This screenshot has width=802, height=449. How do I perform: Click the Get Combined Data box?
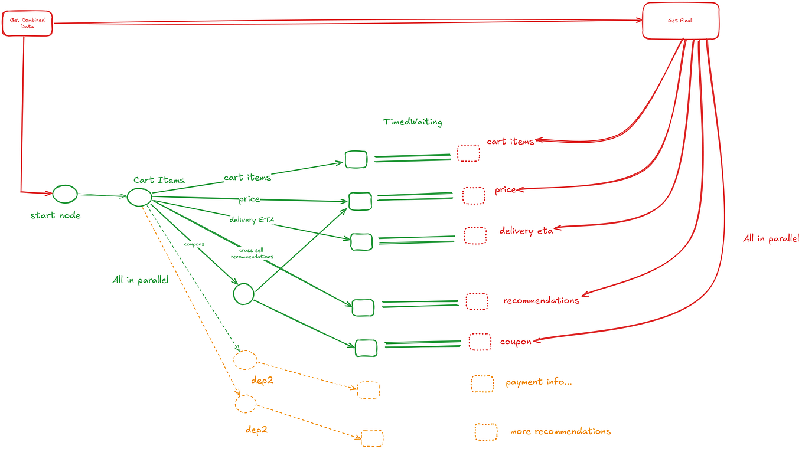(27, 24)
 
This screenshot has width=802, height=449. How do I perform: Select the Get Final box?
(680, 21)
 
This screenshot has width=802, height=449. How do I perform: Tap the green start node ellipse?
(65, 194)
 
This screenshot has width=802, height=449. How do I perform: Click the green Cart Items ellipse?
(139, 196)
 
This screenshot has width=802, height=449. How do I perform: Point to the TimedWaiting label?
(412, 122)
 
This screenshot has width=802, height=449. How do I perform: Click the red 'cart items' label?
(510, 142)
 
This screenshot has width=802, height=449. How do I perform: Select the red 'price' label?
(506, 190)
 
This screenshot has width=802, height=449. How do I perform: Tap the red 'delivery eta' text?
(526, 231)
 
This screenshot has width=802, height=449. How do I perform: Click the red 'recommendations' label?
(541, 300)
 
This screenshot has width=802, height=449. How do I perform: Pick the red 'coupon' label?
(516, 342)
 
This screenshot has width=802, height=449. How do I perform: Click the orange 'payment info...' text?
(539, 382)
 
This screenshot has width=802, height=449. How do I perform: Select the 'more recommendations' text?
(560, 431)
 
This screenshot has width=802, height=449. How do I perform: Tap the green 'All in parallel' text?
(141, 280)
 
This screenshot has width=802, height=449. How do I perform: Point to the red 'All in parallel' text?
(771, 238)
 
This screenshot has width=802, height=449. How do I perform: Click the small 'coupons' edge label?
(194, 244)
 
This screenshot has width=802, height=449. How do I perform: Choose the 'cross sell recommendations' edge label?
(252, 254)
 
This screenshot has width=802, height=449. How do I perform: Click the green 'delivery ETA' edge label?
(252, 220)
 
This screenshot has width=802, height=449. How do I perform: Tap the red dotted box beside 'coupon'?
(480, 342)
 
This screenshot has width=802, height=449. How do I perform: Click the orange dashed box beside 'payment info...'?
(482, 384)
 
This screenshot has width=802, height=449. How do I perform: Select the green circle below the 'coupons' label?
(243, 293)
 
